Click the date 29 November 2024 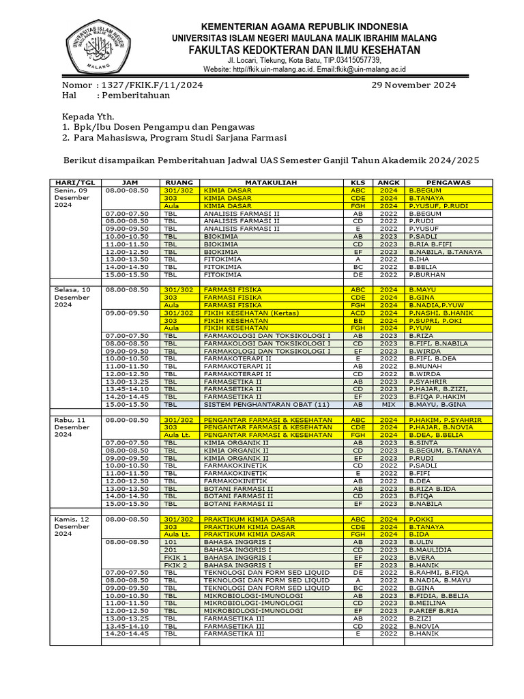(x=413, y=85)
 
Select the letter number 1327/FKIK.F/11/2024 (x=151, y=85)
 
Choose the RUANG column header (x=179, y=183)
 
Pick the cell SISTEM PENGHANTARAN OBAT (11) (x=259, y=403)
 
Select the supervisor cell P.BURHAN (x=426, y=274)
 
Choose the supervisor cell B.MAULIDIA (x=430, y=550)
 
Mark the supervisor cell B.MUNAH (x=426, y=366)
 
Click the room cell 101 (x=170, y=542)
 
